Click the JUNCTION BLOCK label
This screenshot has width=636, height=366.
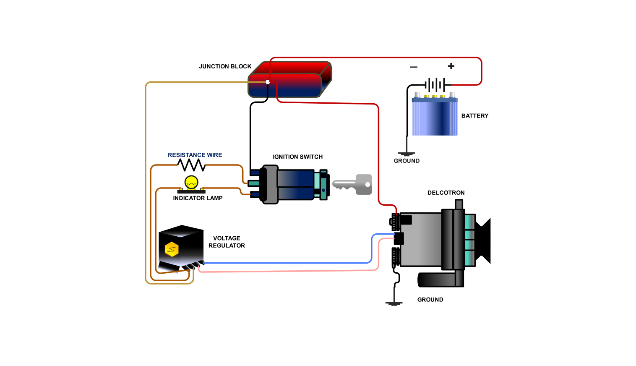pos(225,66)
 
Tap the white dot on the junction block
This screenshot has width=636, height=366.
pos(268,82)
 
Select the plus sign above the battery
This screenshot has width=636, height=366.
pos(451,66)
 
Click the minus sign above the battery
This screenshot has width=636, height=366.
pos(414,67)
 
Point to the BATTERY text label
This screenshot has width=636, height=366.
pos(474,116)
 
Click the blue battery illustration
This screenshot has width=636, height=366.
pos(435,117)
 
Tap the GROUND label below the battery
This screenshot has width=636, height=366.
pos(407,161)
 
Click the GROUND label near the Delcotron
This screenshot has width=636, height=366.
pos(430,300)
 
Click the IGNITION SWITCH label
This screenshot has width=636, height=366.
pos(297,157)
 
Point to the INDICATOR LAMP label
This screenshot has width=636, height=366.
pos(198,198)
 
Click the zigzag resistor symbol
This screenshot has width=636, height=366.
pos(192,165)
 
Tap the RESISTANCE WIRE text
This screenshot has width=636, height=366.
pos(195,155)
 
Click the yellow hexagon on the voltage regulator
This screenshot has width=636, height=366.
pos(172,249)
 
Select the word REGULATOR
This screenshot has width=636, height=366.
pos(227,246)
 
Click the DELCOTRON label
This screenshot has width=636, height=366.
pos(446,193)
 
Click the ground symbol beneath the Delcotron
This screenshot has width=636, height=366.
pos(394,303)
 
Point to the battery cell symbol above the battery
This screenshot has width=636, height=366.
pos(435,85)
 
